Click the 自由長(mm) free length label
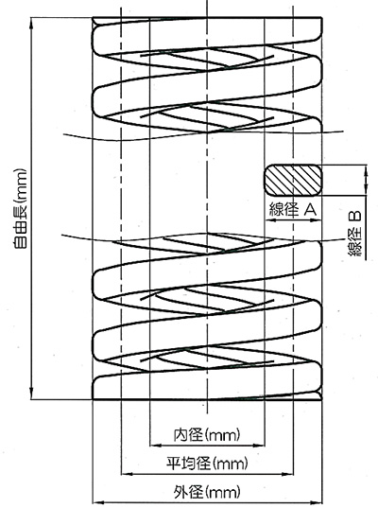pyautogui.click(x=19, y=208)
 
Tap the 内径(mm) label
pyautogui.click(x=207, y=435)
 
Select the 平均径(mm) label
pyautogui.click(x=207, y=464)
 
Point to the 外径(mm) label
pyautogui.click(x=207, y=492)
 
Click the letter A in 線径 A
pyautogui.click(x=310, y=210)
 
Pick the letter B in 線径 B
pyautogui.click(x=354, y=216)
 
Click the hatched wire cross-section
pyautogui.click(x=293, y=180)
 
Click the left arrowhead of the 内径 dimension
pyautogui.click(x=155, y=446)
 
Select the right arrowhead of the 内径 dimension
pyautogui.click(x=260, y=446)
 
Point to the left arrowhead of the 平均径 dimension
pyautogui.click(x=126, y=474)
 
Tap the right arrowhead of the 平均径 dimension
pyautogui.click(x=288, y=474)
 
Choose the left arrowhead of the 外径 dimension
pyautogui.click(x=97, y=502)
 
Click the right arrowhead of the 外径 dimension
pyautogui.click(x=318, y=502)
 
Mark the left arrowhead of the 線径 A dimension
pyautogui.click(x=269, y=220)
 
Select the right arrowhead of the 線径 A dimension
pyautogui.click(x=317, y=220)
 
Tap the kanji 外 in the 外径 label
pyautogui.click(x=180, y=492)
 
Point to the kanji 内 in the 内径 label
pyautogui.click(x=180, y=435)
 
